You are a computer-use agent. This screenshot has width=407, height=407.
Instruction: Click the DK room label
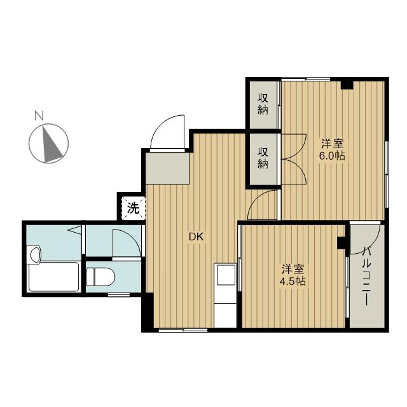(x=195, y=237)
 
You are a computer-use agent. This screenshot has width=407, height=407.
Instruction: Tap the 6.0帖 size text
(x=333, y=156)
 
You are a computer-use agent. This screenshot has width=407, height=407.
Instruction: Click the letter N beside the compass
(x=39, y=116)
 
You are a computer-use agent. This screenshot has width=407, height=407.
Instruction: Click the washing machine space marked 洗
(x=132, y=207)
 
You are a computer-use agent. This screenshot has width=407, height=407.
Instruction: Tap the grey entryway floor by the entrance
(x=167, y=167)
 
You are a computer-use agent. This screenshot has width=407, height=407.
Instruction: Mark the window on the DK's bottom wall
(x=183, y=331)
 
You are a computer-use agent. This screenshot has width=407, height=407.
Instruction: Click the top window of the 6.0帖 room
(x=305, y=79)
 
